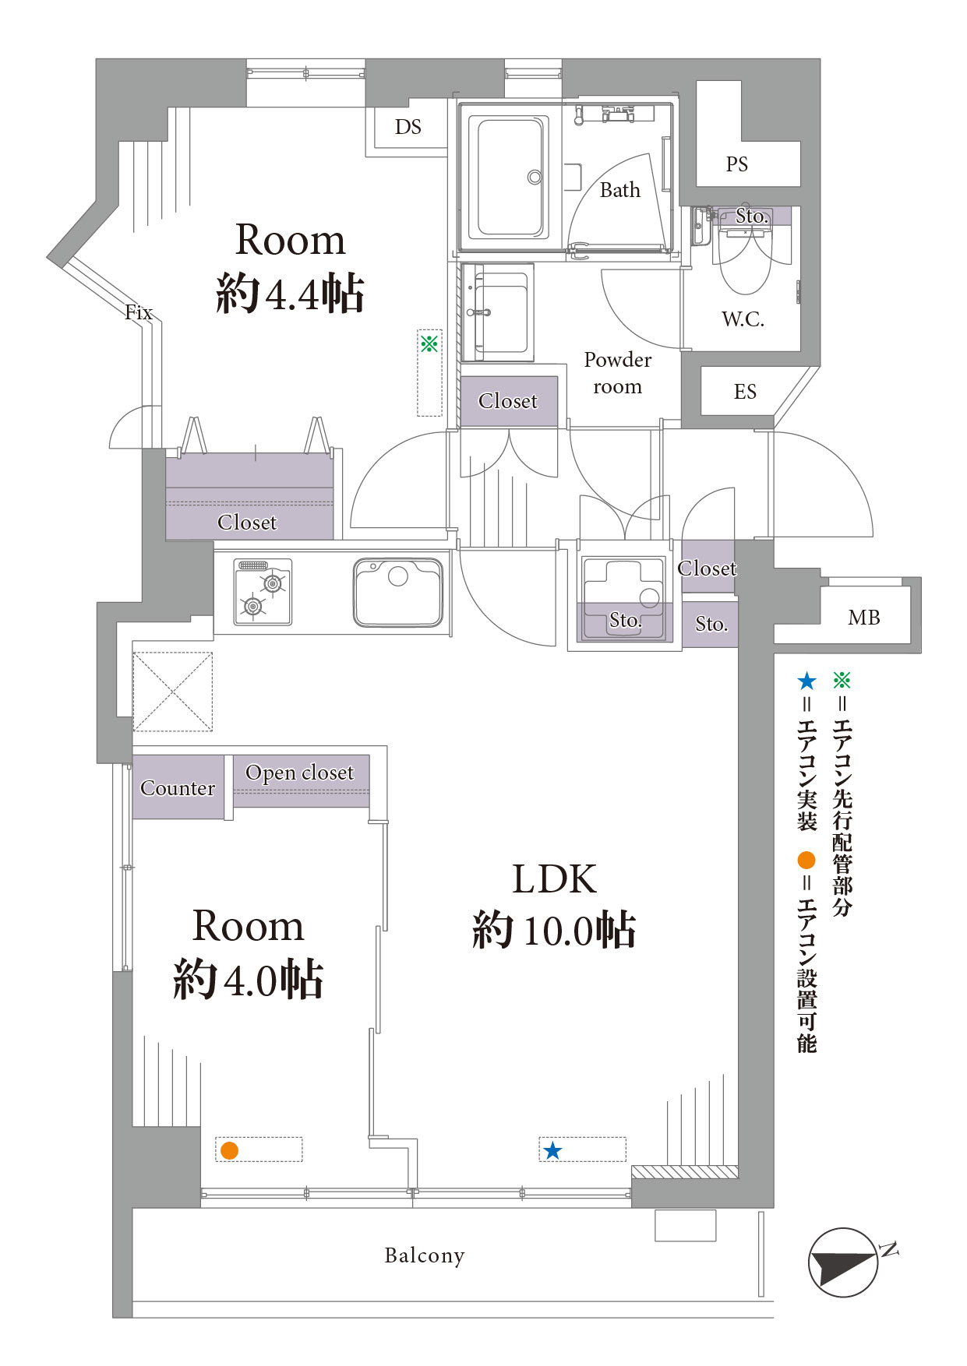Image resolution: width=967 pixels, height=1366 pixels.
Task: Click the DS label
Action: tap(408, 127)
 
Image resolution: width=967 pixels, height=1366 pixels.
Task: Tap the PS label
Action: tap(736, 164)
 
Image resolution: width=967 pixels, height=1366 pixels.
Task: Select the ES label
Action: tap(745, 392)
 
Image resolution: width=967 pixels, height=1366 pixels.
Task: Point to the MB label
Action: tap(863, 618)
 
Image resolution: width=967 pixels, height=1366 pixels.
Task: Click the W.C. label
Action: tap(743, 319)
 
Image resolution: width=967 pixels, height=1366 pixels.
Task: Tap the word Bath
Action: tap(619, 190)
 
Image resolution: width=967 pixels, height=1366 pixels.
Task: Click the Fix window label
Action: tap(139, 312)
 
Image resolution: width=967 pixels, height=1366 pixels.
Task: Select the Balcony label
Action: tap(425, 1255)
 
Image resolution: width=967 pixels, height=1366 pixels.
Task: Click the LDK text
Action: tap(554, 879)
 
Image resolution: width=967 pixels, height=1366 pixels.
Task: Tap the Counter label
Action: tap(178, 788)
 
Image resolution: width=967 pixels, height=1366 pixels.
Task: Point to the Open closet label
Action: tap(300, 773)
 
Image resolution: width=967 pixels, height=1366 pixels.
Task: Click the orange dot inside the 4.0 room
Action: tap(229, 1150)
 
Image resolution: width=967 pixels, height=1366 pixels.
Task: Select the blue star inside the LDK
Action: tap(552, 1150)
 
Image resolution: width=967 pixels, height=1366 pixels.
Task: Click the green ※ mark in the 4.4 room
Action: tap(429, 343)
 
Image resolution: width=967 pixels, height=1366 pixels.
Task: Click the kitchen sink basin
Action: tap(398, 592)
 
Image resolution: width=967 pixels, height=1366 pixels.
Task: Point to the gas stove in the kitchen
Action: tap(263, 592)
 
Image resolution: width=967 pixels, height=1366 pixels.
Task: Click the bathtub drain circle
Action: tap(535, 178)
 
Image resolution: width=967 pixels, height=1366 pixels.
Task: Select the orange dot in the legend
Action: tap(806, 860)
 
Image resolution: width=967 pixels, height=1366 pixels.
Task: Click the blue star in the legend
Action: tap(806, 681)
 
